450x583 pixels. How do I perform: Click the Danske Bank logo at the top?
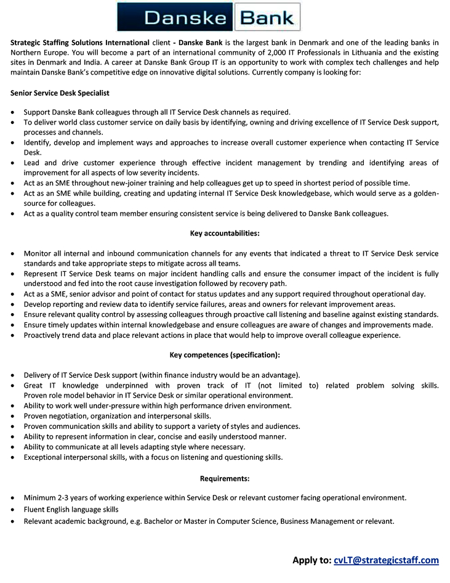tap(209, 17)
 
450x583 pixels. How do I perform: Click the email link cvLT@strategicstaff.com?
tap(386, 560)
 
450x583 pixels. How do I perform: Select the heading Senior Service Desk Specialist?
tap(60, 92)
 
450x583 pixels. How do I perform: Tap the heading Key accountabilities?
tap(224, 233)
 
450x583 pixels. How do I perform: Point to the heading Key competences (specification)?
tap(224, 354)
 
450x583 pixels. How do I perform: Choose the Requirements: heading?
tap(224, 478)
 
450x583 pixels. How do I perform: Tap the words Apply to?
tap(311, 560)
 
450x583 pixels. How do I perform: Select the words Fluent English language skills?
tap(71, 509)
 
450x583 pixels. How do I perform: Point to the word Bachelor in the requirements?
tap(159, 521)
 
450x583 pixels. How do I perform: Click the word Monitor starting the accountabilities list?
tap(38, 253)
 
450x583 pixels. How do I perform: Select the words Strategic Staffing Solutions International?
tap(79, 43)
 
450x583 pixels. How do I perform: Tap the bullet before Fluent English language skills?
tap(14, 510)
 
